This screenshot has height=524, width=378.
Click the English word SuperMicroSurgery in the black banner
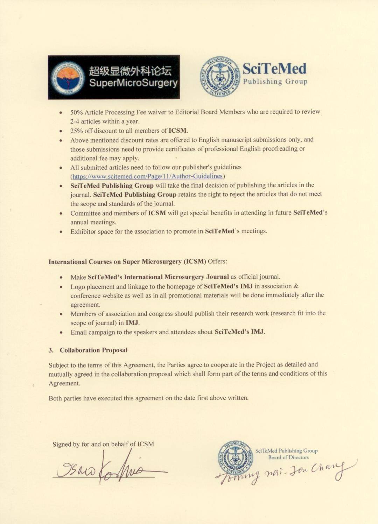[x=133, y=83]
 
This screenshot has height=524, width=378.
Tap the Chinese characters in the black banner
[x=130, y=71]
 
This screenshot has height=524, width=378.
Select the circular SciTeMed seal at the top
[x=220, y=76]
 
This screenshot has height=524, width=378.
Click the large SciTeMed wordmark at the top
[x=274, y=69]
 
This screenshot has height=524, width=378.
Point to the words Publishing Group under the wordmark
[x=275, y=82]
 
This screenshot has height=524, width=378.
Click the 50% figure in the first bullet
[x=76, y=112]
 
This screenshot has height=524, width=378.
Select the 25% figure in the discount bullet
[x=76, y=131]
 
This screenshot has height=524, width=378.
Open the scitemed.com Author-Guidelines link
[x=147, y=176]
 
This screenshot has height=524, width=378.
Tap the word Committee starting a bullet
[x=85, y=213]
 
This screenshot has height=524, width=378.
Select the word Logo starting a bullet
[x=77, y=287]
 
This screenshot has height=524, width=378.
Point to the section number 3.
[x=51, y=350]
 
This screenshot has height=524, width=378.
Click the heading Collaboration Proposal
[x=93, y=350]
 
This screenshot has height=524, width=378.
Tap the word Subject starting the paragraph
[x=59, y=365]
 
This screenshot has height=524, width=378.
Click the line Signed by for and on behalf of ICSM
[x=103, y=444]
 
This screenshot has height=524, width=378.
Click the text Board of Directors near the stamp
[x=288, y=457]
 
